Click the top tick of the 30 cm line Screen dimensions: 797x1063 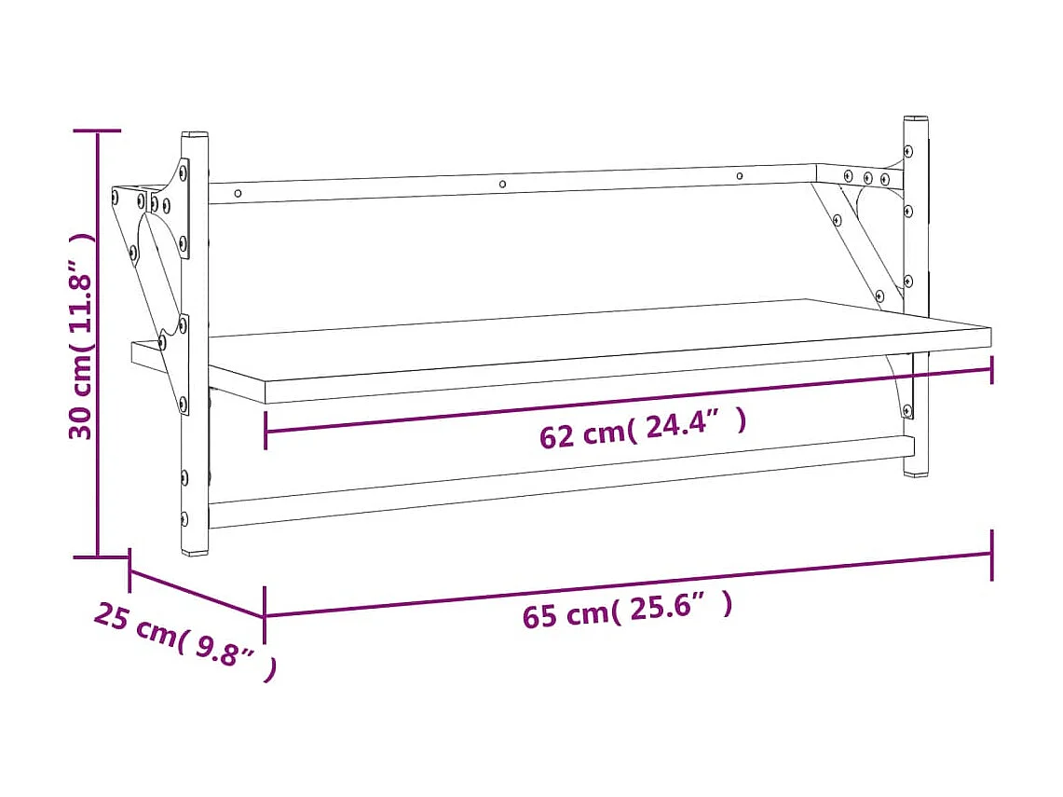(x=98, y=131)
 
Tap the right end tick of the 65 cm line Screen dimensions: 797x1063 (x=991, y=555)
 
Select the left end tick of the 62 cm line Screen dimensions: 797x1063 (x=266, y=433)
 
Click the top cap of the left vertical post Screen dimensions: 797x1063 (x=194, y=135)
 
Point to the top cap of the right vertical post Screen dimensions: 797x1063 (x=915, y=119)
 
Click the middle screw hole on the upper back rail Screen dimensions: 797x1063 (x=503, y=185)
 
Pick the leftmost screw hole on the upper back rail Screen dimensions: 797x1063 (x=238, y=194)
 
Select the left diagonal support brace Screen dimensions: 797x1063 (x=154, y=280)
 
